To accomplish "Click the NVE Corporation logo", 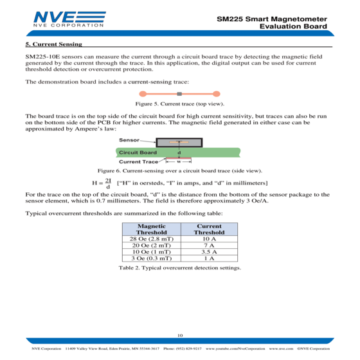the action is tap(69, 19).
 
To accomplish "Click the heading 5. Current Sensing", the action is tap(54, 44).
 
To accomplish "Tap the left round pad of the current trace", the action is tap(143, 94).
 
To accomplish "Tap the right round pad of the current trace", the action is tap(216, 94).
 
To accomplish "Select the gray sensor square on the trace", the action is tap(179, 94).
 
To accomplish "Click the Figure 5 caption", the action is tap(180, 104).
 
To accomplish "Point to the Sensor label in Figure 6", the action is tap(129, 140).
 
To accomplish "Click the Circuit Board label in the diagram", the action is tap(138, 152).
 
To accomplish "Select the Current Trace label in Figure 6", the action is tap(138, 161).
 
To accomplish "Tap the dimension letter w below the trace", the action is tap(179, 161).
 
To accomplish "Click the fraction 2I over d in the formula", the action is tap(108, 183).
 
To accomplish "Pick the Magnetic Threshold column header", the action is tap(152, 229).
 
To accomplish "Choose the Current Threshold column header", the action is tap(209, 229).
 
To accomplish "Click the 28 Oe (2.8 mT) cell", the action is tap(152, 239).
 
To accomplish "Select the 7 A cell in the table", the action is tap(209, 245).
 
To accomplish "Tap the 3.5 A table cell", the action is tap(209, 251).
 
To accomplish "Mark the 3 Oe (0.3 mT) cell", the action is tap(152, 258).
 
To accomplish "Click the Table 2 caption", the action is tap(180, 267).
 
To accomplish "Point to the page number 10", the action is tap(180, 335).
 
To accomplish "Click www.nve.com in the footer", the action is tap(281, 348).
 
